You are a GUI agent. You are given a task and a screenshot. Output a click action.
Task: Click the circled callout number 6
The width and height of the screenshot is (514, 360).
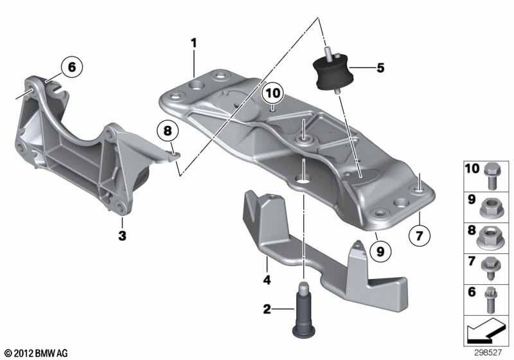71,66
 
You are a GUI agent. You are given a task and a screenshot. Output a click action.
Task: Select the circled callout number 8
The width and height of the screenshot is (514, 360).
168,131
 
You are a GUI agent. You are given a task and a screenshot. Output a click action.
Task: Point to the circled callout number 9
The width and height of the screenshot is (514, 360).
380,253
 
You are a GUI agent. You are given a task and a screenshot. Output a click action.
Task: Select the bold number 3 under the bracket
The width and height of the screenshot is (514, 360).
121,235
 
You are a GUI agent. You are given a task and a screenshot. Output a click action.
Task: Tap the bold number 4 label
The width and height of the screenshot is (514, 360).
266,280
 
